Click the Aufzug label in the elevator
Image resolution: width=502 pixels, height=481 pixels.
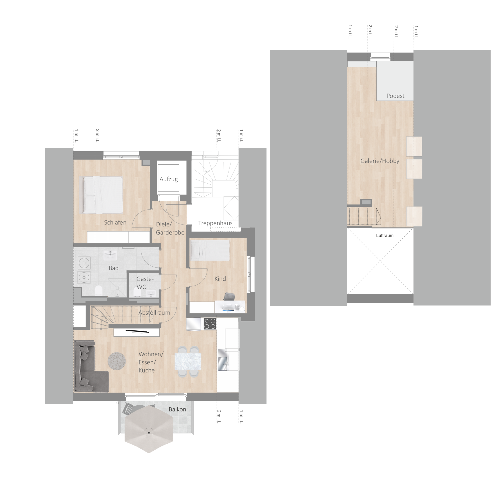(x=168, y=179)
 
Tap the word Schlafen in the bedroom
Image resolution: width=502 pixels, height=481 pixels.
(x=115, y=222)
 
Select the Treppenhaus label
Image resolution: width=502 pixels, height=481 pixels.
(x=215, y=223)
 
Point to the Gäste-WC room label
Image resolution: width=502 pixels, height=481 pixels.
(x=145, y=283)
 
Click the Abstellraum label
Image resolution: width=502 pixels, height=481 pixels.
(x=154, y=313)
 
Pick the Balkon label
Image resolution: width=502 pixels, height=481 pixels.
(x=177, y=409)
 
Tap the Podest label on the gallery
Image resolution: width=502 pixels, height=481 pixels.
(x=395, y=96)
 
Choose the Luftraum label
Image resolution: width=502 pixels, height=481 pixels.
(x=384, y=235)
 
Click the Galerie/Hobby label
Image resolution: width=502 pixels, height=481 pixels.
(x=380, y=161)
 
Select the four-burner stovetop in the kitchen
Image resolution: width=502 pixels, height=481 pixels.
(x=210, y=324)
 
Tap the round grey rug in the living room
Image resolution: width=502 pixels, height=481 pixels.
(x=117, y=361)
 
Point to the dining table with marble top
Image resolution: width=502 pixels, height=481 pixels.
(x=188, y=362)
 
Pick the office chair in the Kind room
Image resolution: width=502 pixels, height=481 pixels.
(x=229, y=296)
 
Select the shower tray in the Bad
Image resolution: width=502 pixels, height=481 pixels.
(x=117, y=288)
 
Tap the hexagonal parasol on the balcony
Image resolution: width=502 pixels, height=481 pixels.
(x=149, y=433)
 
